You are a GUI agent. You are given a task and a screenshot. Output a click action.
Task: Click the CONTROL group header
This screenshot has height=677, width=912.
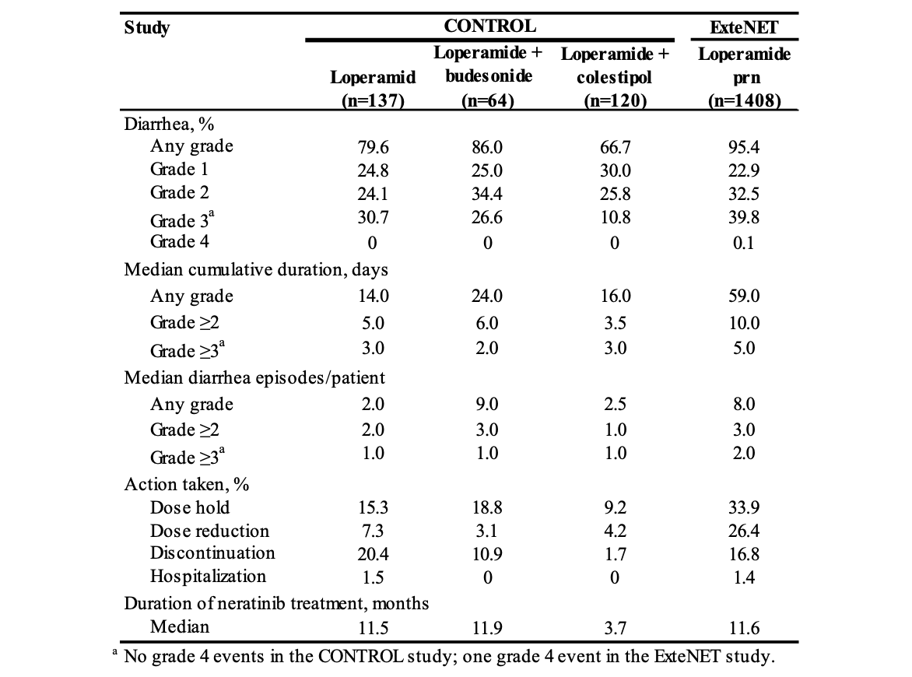[x=489, y=26]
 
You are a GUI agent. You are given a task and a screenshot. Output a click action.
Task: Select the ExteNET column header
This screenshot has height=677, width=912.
[x=744, y=29]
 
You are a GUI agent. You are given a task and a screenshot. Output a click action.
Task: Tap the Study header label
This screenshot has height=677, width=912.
[x=147, y=29]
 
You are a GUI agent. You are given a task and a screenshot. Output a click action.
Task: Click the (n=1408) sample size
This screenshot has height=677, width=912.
[x=744, y=100]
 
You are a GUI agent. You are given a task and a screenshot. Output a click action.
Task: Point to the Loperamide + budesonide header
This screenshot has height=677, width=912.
[x=488, y=65]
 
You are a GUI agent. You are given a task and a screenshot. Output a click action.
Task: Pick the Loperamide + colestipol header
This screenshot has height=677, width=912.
[x=615, y=66]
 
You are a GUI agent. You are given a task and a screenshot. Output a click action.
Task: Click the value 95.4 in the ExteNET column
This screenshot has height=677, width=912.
[x=744, y=146]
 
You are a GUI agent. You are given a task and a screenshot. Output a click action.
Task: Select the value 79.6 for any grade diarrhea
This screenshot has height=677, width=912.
[x=373, y=146]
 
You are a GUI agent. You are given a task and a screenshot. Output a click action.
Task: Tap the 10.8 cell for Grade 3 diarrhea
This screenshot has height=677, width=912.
[x=615, y=218]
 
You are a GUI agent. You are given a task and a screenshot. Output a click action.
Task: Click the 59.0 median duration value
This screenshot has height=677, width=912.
[x=744, y=296]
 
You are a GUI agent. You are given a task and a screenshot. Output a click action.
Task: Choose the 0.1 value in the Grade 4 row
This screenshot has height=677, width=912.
[x=744, y=243]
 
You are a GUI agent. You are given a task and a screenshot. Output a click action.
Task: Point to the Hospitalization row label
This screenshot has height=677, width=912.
[x=208, y=577]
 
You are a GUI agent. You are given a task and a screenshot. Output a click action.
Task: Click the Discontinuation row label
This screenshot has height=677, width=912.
[x=212, y=553]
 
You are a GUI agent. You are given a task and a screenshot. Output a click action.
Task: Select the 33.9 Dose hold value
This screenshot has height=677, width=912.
[x=744, y=507]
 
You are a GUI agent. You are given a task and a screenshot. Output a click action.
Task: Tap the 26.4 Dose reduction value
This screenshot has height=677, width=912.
[x=744, y=531]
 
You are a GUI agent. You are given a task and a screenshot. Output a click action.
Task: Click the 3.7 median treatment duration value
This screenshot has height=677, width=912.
[x=615, y=628]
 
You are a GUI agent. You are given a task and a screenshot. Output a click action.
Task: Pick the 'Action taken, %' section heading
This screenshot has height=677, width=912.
[x=187, y=484]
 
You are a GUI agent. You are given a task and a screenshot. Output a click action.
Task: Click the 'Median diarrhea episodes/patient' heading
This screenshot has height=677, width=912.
[x=254, y=377]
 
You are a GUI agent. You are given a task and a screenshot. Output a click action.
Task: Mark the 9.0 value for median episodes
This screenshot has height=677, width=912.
[x=487, y=405]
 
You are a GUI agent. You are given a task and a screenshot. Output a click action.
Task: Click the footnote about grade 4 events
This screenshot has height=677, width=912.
[x=449, y=656]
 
